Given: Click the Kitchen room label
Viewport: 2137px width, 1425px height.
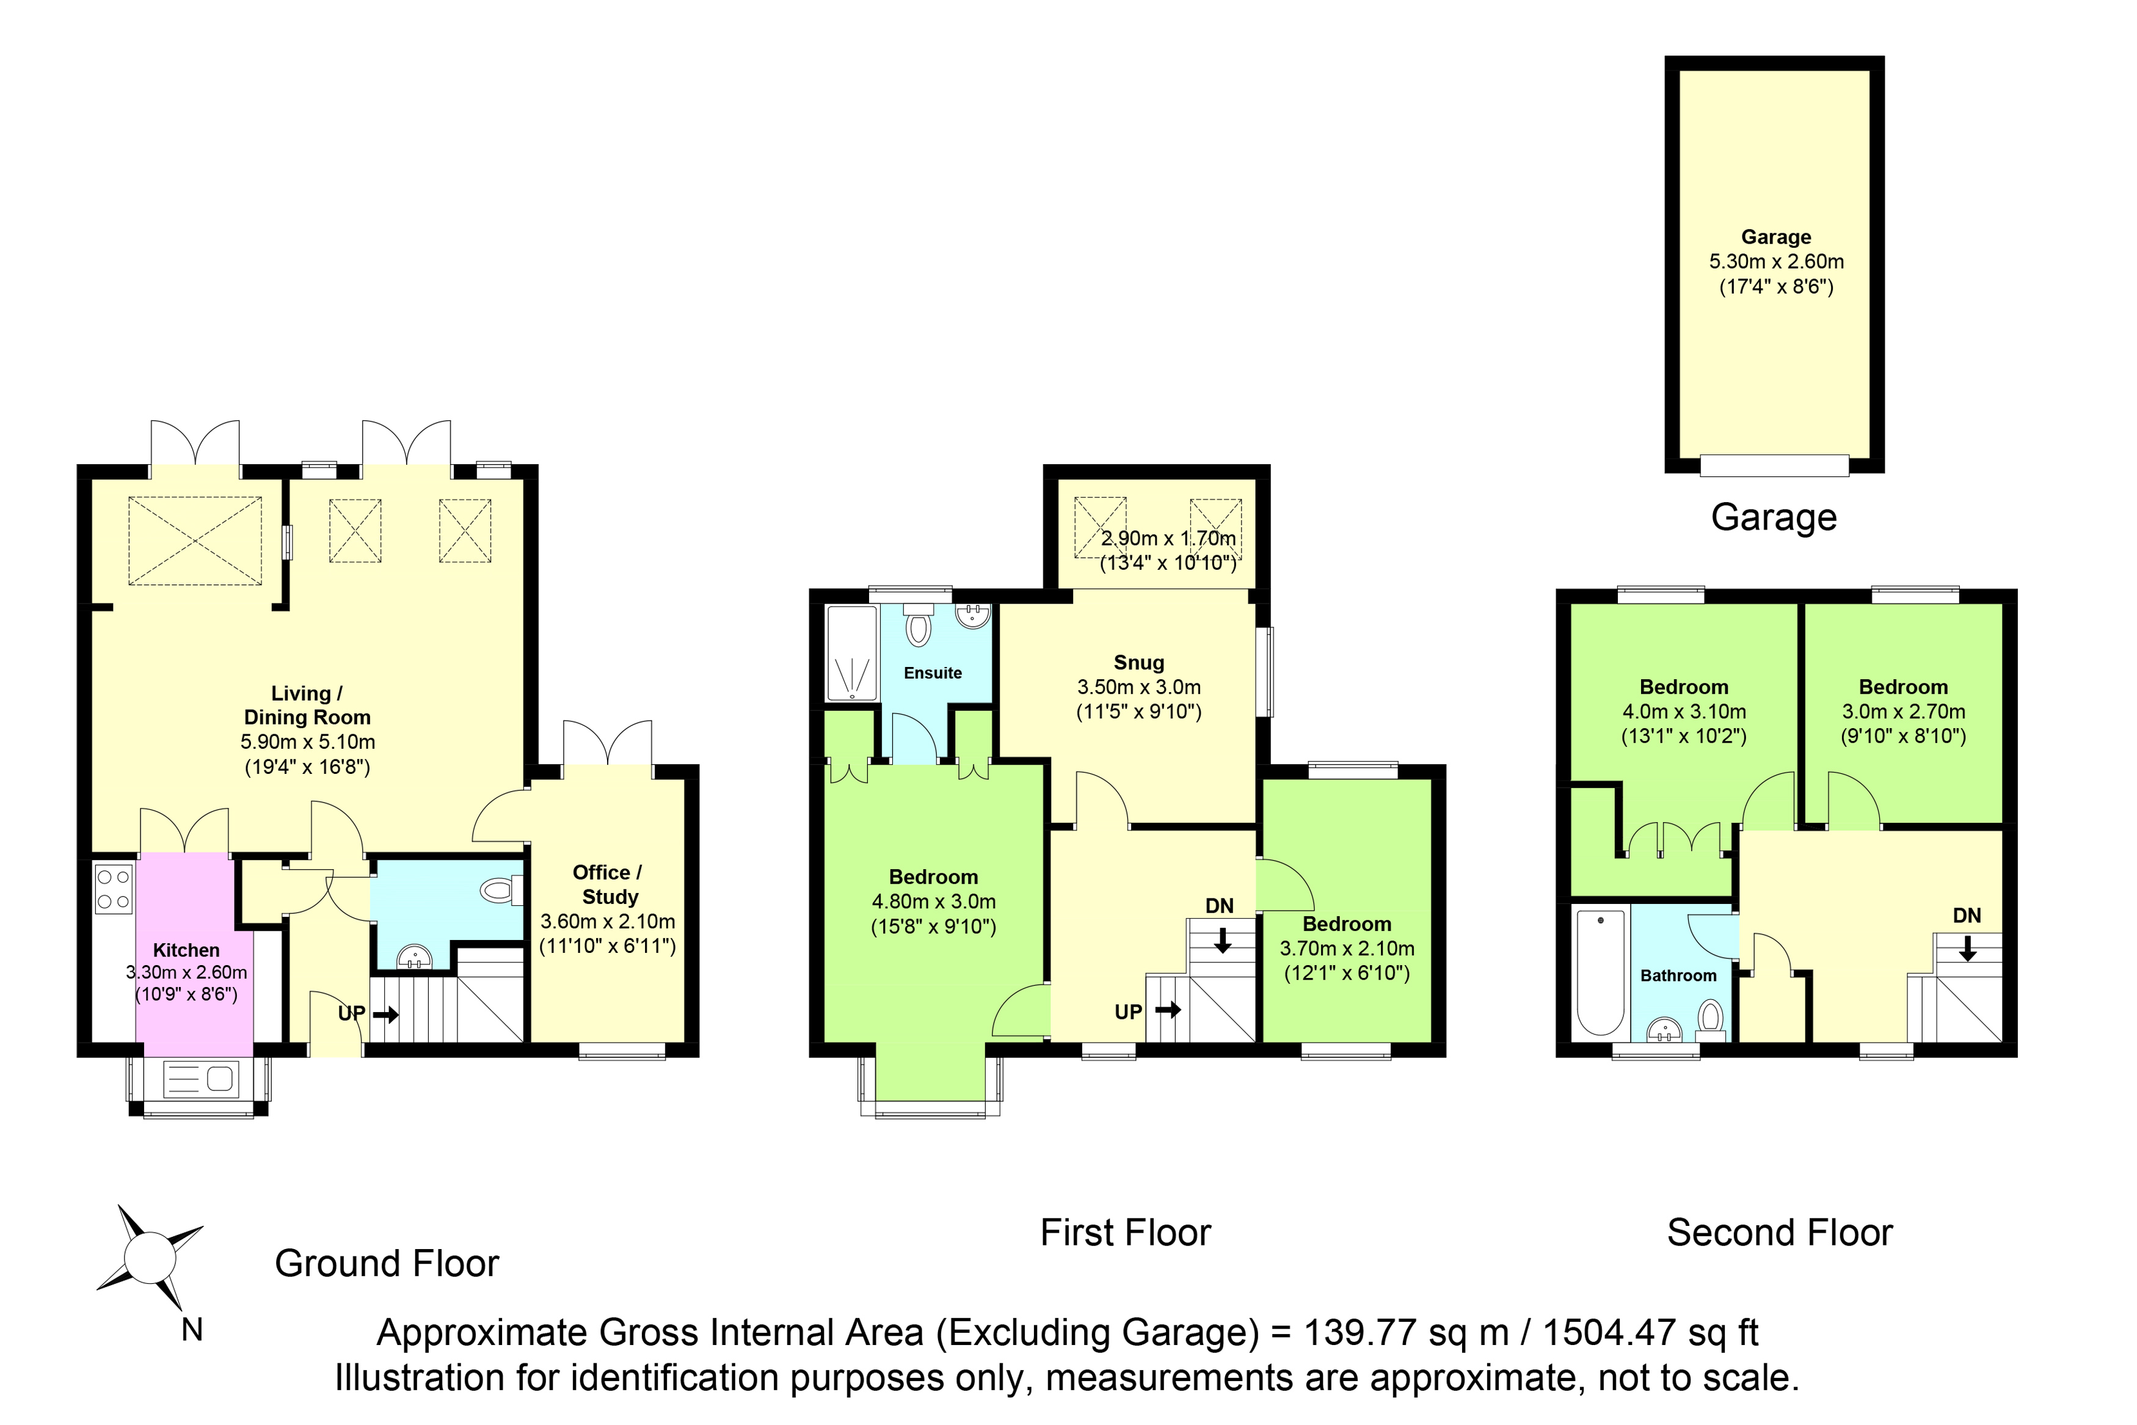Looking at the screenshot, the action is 186,950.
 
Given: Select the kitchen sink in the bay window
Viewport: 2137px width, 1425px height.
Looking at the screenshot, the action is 199,1079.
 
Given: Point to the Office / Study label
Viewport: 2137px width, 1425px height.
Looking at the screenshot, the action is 608,884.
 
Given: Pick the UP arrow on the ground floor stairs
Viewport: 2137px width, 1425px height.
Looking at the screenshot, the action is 386,1013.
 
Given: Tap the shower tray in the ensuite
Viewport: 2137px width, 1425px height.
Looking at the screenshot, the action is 852,654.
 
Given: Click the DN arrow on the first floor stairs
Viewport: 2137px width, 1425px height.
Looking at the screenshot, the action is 1222,939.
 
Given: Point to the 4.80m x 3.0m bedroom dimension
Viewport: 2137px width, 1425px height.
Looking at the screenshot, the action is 933,902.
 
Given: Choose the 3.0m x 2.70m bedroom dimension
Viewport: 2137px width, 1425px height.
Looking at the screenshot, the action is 1904,712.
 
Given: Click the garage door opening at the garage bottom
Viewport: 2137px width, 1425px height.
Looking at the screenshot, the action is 1774,465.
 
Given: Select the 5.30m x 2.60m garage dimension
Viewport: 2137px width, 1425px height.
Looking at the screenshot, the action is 1776,262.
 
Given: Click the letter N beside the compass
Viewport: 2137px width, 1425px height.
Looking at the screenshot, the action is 192,1330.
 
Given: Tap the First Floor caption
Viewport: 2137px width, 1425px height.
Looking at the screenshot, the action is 1126,1233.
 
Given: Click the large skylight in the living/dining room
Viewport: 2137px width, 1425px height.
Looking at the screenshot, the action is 195,541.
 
